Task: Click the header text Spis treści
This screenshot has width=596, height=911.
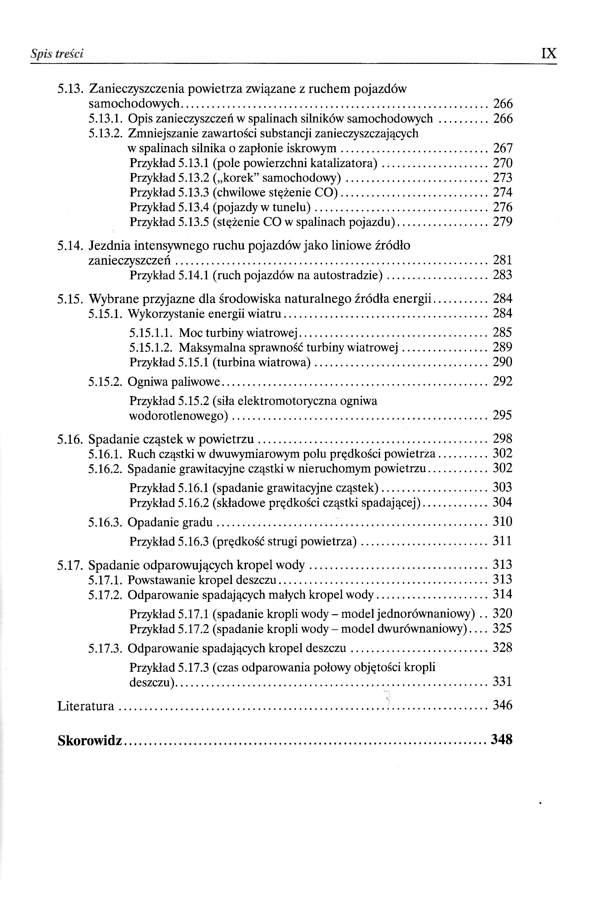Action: coord(57,54)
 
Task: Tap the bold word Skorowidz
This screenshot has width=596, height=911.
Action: coord(90,741)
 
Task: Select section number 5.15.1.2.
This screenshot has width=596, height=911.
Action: coord(152,347)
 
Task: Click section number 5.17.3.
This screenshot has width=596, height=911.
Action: coord(105,648)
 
